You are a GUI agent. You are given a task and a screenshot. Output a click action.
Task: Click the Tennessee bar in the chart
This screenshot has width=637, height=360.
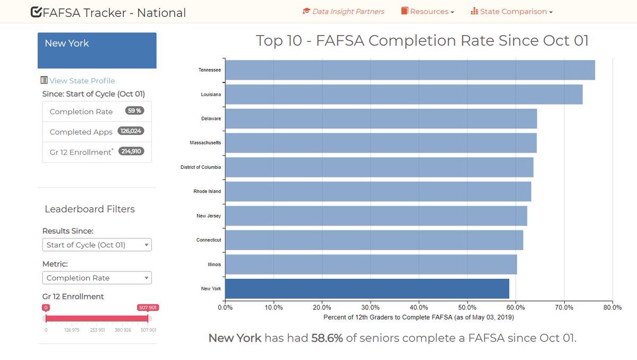[410, 70]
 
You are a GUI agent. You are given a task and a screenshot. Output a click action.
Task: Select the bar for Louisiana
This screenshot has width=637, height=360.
[403, 95]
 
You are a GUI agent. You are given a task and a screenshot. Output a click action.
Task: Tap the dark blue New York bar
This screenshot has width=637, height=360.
[367, 289]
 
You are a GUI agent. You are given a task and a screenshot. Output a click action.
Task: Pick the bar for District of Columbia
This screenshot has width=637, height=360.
[379, 167]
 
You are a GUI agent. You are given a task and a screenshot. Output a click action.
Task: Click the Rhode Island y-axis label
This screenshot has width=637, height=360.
[208, 192]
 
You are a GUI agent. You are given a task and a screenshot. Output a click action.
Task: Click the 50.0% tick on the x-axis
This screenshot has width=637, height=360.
[467, 307]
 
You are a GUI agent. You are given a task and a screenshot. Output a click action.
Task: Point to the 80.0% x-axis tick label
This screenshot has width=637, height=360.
[612, 307]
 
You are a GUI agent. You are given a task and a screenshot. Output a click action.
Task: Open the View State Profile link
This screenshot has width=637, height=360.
[82, 81]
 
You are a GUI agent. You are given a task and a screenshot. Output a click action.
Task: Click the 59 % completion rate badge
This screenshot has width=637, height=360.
[134, 111]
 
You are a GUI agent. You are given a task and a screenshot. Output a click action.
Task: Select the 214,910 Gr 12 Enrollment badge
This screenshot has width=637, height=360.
[131, 151]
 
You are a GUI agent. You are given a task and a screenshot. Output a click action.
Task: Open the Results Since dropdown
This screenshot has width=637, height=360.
[97, 245]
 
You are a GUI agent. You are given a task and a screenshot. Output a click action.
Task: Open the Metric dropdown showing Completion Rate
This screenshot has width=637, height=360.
[97, 278]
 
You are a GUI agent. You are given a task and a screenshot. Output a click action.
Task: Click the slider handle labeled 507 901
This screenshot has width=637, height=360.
[148, 318]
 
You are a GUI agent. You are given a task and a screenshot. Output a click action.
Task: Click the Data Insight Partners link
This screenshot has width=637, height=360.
[343, 11]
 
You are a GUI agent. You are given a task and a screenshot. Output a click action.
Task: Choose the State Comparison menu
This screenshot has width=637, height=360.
[512, 12]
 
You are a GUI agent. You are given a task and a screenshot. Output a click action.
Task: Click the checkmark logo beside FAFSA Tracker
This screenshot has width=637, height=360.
[37, 12]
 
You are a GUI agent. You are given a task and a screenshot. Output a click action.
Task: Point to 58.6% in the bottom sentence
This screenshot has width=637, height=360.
[326, 338]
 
